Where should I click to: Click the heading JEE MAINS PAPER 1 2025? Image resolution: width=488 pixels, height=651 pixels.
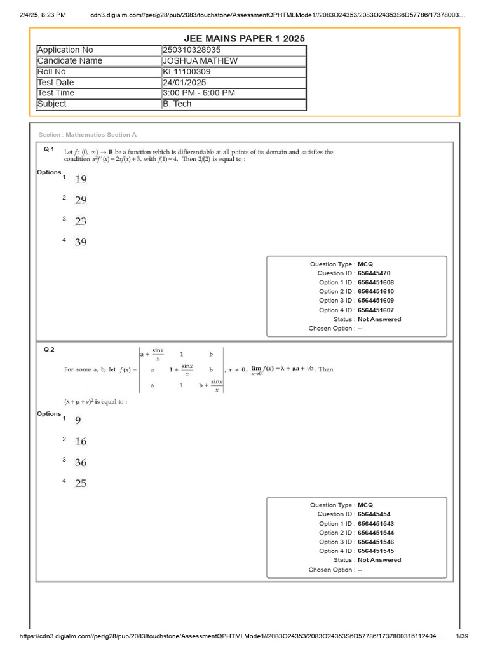[x=244, y=38]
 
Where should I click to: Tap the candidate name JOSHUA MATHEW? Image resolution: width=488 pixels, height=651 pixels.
[x=200, y=61]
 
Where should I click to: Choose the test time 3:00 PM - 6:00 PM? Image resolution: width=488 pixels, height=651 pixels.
[x=198, y=93]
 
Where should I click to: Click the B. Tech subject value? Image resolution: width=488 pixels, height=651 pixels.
[x=177, y=104]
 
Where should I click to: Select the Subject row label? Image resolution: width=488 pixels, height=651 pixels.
[x=51, y=104]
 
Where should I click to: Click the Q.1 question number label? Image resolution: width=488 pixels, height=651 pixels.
[x=48, y=149]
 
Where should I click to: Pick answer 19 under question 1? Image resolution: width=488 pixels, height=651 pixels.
[x=81, y=180]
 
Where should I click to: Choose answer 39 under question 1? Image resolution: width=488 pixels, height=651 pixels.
[x=81, y=242]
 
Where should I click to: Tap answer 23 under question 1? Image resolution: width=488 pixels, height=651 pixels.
[x=81, y=222]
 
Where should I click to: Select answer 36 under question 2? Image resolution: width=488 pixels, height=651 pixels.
[x=81, y=463]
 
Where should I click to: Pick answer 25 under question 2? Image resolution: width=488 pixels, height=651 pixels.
[x=81, y=484]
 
